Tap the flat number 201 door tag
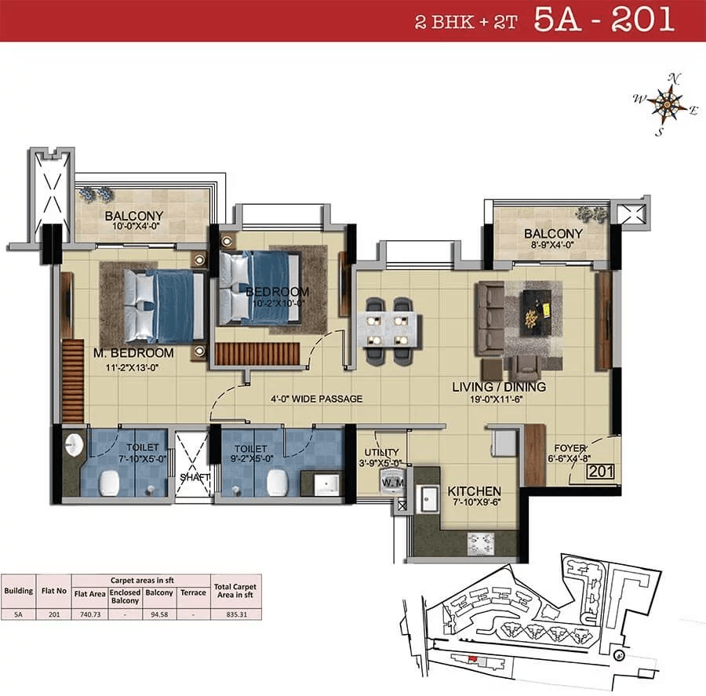[601, 472]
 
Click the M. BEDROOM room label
[133, 353]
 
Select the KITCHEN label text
[475, 492]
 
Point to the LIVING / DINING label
[499, 387]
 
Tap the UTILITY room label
[380, 452]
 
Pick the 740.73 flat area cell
[89, 614]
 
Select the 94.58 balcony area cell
[159, 614]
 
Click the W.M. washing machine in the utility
[391, 483]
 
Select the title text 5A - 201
[603, 20]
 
